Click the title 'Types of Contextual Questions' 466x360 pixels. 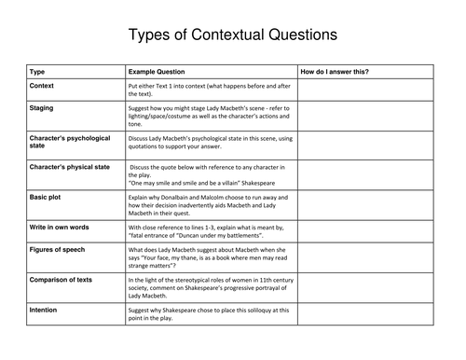(232, 36)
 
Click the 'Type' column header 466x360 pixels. (37, 72)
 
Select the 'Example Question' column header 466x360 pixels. (157, 72)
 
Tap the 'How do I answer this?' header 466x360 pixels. (335, 72)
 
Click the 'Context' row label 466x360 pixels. (42, 85)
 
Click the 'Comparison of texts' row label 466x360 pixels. (66, 279)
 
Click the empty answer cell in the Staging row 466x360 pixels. (365, 118)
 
